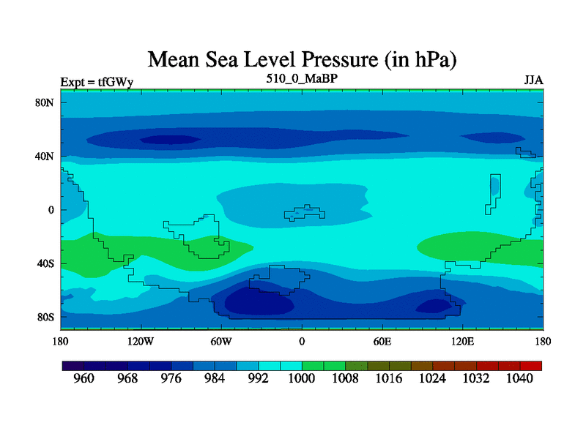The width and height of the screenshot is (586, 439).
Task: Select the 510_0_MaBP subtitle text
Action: point(302,77)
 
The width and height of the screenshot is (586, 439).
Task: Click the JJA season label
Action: point(533,79)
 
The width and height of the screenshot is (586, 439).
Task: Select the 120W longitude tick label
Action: point(140,342)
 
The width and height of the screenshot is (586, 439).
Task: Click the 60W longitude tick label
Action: point(221,342)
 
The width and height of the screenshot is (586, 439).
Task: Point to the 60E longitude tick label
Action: point(382,342)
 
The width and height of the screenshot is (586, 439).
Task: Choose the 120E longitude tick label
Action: point(463,342)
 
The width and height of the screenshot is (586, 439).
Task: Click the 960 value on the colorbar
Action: point(84,378)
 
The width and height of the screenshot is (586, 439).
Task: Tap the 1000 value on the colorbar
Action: point(301,378)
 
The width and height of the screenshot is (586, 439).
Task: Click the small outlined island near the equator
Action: point(305,213)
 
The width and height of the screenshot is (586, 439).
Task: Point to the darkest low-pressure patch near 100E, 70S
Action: point(434,305)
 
